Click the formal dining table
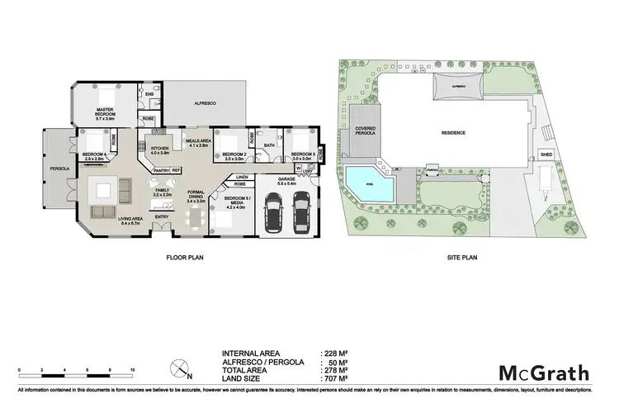click(x=195, y=218)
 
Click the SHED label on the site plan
click(x=546, y=154)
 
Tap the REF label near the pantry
click(x=176, y=169)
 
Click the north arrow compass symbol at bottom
click(x=174, y=367)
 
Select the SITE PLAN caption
click(x=461, y=257)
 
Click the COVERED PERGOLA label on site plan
click(x=365, y=131)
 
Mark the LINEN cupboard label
click(x=242, y=177)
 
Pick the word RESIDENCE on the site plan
click(x=453, y=132)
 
